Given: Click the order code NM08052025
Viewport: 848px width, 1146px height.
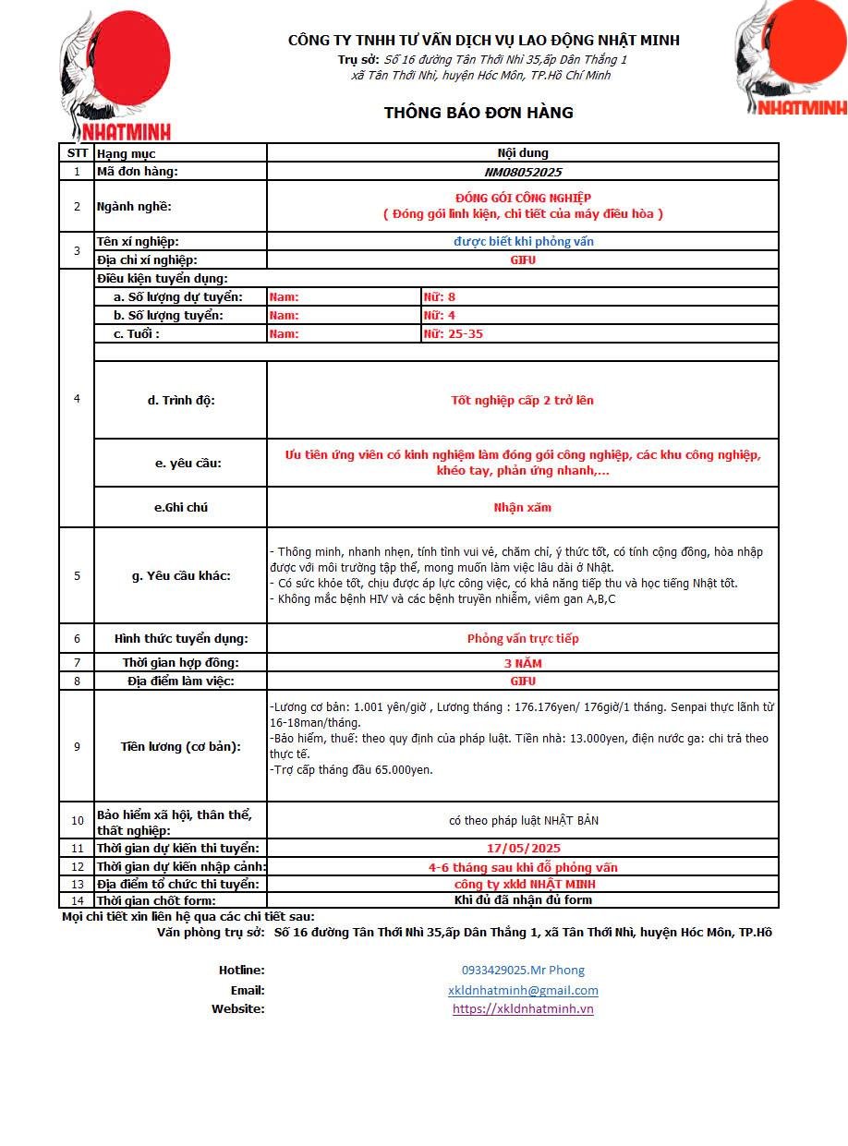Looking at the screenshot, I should (x=523, y=172).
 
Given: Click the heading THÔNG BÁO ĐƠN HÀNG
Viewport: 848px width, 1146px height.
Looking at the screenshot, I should (x=479, y=113).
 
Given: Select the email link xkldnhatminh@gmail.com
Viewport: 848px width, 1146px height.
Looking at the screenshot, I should (x=523, y=990).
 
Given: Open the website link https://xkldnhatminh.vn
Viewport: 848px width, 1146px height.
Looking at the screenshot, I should (x=523, y=1008).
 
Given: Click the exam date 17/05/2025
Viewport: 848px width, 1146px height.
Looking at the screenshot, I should (x=523, y=848).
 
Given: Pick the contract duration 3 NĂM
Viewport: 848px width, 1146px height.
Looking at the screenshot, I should (x=523, y=663).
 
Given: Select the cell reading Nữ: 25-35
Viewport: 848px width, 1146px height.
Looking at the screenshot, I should (x=453, y=333).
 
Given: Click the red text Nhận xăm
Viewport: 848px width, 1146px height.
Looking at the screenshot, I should (x=523, y=507).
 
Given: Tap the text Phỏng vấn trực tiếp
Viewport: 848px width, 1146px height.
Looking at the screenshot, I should (x=523, y=638).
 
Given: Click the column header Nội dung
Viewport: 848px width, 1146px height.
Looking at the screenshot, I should (x=523, y=153).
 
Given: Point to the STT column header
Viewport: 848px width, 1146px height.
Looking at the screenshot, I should (x=77, y=153).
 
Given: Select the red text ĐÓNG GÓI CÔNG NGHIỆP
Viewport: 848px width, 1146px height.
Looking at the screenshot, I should (x=523, y=198).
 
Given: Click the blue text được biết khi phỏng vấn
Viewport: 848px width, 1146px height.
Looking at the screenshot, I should (x=523, y=241).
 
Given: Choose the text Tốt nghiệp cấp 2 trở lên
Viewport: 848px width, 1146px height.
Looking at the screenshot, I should (x=523, y=400).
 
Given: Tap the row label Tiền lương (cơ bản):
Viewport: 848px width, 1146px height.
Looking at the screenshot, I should (x=180, y=746).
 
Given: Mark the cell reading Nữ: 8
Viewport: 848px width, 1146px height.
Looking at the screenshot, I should (x=439, y=296).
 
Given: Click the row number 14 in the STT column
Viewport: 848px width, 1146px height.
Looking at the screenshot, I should (x=77, y=900).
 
